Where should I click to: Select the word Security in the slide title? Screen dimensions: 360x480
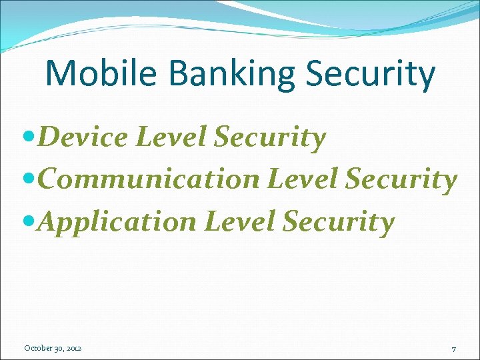point(371,75)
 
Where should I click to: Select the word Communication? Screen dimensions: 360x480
point(148,180)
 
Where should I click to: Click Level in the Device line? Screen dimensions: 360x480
point(170,138)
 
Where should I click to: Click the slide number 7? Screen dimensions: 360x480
point(453,349)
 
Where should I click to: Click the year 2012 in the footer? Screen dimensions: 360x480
point(73,348)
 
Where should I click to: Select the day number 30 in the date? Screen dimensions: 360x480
point(59,348)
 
